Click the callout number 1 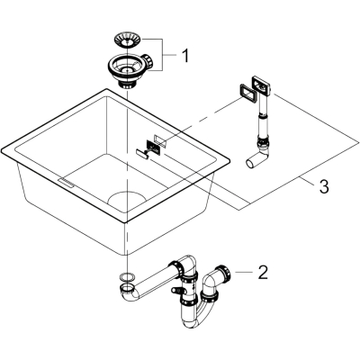[186, 55]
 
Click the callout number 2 [263, 273]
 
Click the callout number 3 [324, 186]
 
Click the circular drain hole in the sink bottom [127, 202]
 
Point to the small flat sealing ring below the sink [127, 276]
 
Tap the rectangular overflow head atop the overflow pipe [262, 84]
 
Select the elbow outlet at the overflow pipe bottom [258, 158]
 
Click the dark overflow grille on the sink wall [154, 148]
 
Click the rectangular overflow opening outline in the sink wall [162, 140]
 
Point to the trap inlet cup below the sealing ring [128, 289]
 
